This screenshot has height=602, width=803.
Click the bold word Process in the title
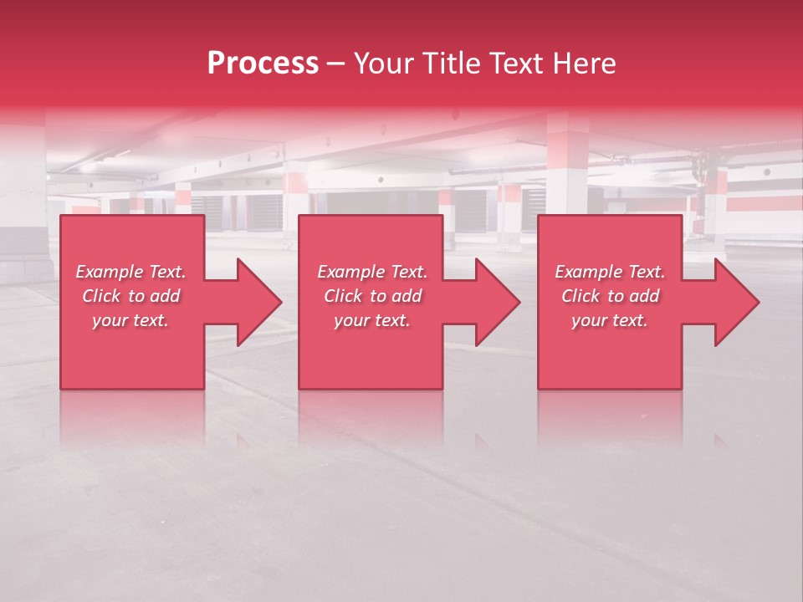click(x=263, y=64)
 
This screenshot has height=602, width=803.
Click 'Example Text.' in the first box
click(x=130, y=272)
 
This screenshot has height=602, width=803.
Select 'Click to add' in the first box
click(x=130, y=296)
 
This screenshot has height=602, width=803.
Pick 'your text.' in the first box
click(x=130, y=320)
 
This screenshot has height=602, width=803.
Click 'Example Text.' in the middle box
click(x=371, y=272)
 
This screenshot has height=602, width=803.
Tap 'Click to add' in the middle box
click(x=371, y=296)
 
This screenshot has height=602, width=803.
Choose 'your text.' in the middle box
click(x=371, y=320)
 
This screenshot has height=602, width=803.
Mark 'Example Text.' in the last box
click(x=610, y=272)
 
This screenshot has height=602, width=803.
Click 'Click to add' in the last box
click(x=610, y=296)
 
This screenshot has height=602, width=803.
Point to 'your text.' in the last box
click(x=610, y=320)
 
